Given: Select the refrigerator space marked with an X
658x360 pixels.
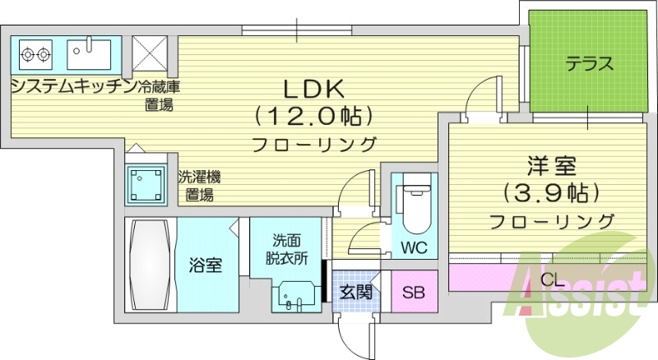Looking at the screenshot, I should click(150, 55).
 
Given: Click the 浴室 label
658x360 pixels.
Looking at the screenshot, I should click(206, 265).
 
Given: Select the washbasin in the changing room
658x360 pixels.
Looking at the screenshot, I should click(295, 294).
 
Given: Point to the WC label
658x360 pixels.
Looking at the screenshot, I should click(415, 247).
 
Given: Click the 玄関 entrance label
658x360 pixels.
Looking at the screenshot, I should click(355, 292).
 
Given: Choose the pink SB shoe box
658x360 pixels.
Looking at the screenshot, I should click(414, 292).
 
